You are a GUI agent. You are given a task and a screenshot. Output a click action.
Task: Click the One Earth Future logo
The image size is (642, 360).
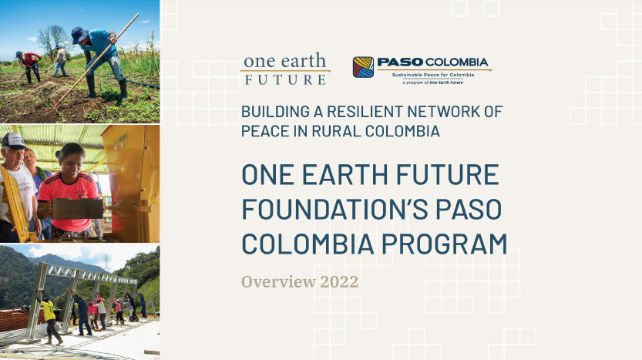pos(285,69)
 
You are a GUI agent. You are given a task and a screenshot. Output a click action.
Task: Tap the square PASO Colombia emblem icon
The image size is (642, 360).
pos(363,67)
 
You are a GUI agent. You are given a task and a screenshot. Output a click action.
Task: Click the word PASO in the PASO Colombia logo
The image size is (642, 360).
pos(398,62)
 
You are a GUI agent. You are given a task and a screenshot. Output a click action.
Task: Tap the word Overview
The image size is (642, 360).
pos(274,281)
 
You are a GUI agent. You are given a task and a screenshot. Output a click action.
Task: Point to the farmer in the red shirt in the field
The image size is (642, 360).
pos(30,63)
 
